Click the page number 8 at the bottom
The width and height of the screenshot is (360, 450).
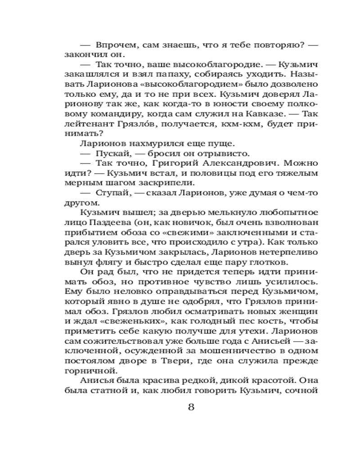pos(191,407)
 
